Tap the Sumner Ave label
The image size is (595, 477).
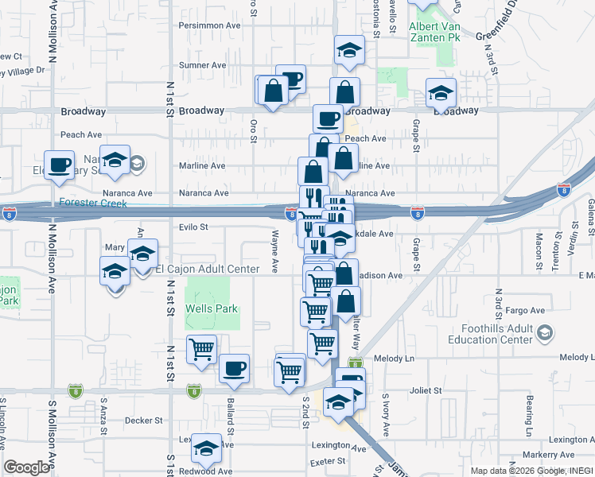[204, 65]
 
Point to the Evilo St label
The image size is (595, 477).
[193, 227]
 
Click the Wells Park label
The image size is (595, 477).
[211, 308]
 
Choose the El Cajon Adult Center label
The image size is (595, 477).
[208, 270]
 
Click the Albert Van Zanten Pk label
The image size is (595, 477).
[434, 32]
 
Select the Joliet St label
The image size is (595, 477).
[426, 391]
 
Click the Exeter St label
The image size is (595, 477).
[328, 460]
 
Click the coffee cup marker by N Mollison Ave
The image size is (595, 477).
[59, 165]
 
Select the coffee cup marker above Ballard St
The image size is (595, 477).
[234, 368]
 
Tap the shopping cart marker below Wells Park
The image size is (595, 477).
[201, 348]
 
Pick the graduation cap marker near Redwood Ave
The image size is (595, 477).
[207, 450]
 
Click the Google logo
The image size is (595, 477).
[27, 467]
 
